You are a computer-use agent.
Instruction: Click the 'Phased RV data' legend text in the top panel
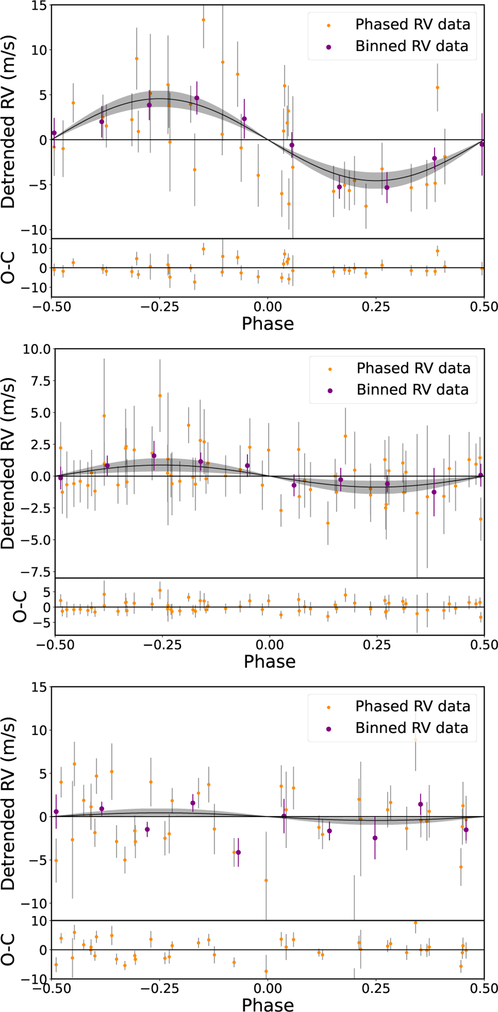(413, 25)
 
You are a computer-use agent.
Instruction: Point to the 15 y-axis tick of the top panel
(39, 5)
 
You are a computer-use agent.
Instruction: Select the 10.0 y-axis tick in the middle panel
(37, 349)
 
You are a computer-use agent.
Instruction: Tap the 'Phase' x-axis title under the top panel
(268, 324)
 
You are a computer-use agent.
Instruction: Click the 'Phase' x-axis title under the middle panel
(269, 662)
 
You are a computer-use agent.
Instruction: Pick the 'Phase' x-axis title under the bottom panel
(268, 1005)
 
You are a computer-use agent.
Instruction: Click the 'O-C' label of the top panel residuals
(8, 268)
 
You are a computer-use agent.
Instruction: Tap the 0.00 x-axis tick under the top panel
(268, 307)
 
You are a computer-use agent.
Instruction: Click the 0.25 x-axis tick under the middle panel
(377, 645)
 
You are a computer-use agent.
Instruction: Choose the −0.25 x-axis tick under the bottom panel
(159, 989)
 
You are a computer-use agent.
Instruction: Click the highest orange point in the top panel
(203, 20)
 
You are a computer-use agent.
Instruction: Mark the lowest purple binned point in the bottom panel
(238, 853)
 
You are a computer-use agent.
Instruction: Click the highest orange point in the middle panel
(160, 396)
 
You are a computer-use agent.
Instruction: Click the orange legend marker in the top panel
(329, 25)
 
